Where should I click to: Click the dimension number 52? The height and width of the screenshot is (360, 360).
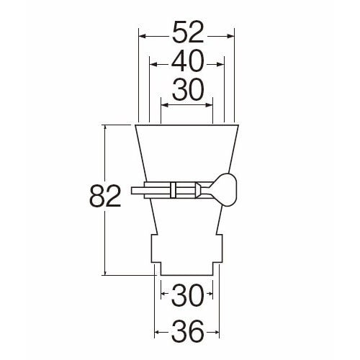coord(188,32)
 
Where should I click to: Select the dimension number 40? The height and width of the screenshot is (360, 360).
coord(188,60)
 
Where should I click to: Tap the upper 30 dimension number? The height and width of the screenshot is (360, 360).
coord(188,90)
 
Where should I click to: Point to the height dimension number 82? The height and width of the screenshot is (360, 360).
coord(105,196)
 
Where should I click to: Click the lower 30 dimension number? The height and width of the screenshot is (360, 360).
coord(188,295)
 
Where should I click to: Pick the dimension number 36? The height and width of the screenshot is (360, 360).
coord(188,331)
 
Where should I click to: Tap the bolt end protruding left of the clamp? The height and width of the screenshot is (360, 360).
coord(138,191)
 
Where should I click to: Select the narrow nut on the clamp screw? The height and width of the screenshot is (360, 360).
coord(173,190)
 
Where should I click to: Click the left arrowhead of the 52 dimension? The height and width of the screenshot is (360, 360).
coord(143,37)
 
